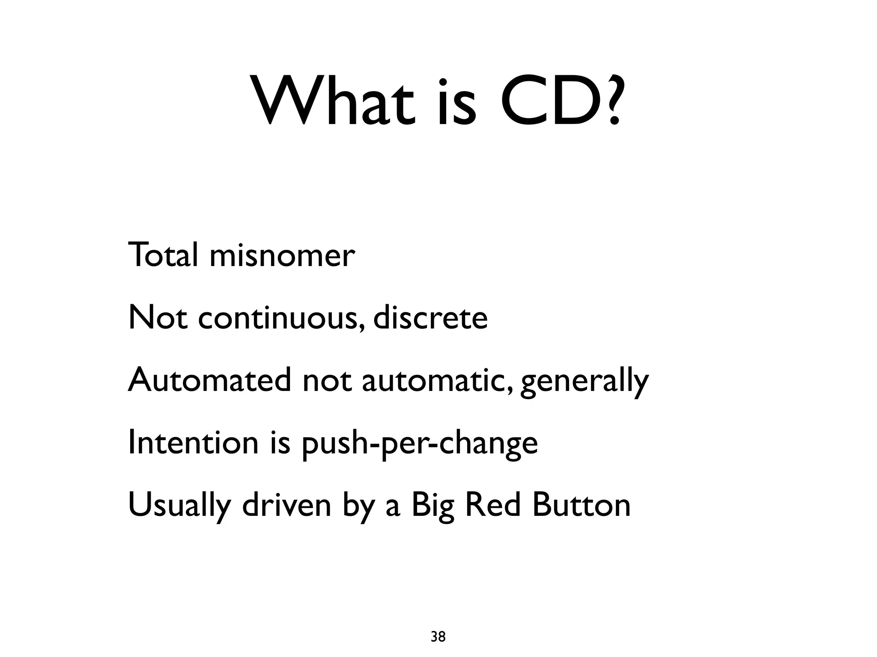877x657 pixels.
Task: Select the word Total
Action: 163,255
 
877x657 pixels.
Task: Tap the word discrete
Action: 430,318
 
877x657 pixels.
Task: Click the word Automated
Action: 209,380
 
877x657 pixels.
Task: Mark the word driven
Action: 286,505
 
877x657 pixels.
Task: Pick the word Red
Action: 492,505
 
